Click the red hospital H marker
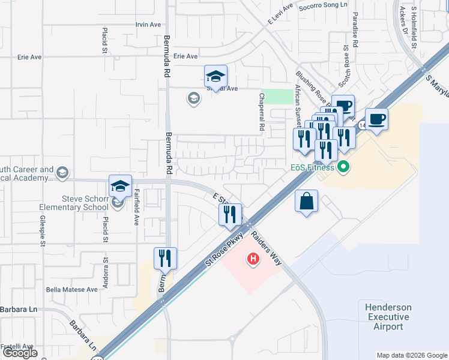click(253, 259)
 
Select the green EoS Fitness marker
click(343, 166)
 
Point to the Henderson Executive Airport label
click(388, 317)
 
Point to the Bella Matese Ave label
click(72, 289)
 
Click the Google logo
click(20, 353)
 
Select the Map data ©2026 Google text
click(412, 355)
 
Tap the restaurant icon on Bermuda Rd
click(165, 259)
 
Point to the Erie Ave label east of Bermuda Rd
click(185, 56)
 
